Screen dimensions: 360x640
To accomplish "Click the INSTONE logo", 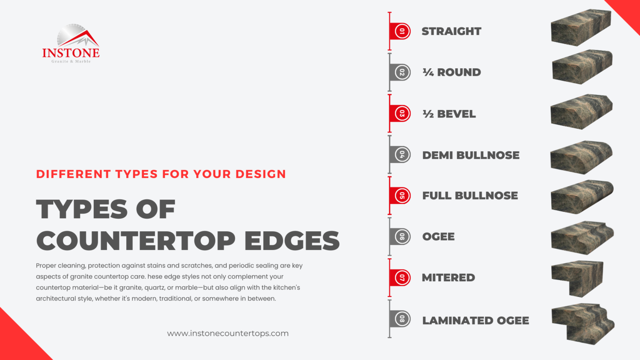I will tap(71, 44).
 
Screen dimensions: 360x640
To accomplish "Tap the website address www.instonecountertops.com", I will tap(227, 333).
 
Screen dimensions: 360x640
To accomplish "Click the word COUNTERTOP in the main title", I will tap(136, 241).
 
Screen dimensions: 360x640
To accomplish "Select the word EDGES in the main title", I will tap(292, 241).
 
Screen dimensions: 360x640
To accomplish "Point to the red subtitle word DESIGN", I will tap(261, 174).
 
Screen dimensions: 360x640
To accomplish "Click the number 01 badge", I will tap(402, 31).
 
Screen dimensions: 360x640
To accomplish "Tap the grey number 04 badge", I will tap(402, 155).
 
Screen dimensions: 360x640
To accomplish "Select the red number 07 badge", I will tap(402, 277).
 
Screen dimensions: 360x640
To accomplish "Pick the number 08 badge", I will tap(402, 319).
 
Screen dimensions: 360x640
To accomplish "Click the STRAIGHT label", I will tap(451, 31).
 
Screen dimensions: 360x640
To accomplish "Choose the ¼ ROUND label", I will tap(452, 72).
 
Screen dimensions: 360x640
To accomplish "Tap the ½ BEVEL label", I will tap(449, 114).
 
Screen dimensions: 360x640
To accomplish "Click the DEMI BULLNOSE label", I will tap(471, 155).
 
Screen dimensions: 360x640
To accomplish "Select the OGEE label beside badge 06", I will tap(438, 237).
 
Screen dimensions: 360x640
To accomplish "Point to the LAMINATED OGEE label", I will tap(475, 320).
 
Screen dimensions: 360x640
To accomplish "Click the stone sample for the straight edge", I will tap(581, 27).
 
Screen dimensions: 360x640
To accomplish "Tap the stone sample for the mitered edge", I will tap(578, 278).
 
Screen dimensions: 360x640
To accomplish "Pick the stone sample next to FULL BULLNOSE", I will tap(582, 197).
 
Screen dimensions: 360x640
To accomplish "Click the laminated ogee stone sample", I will tap(582, 323).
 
